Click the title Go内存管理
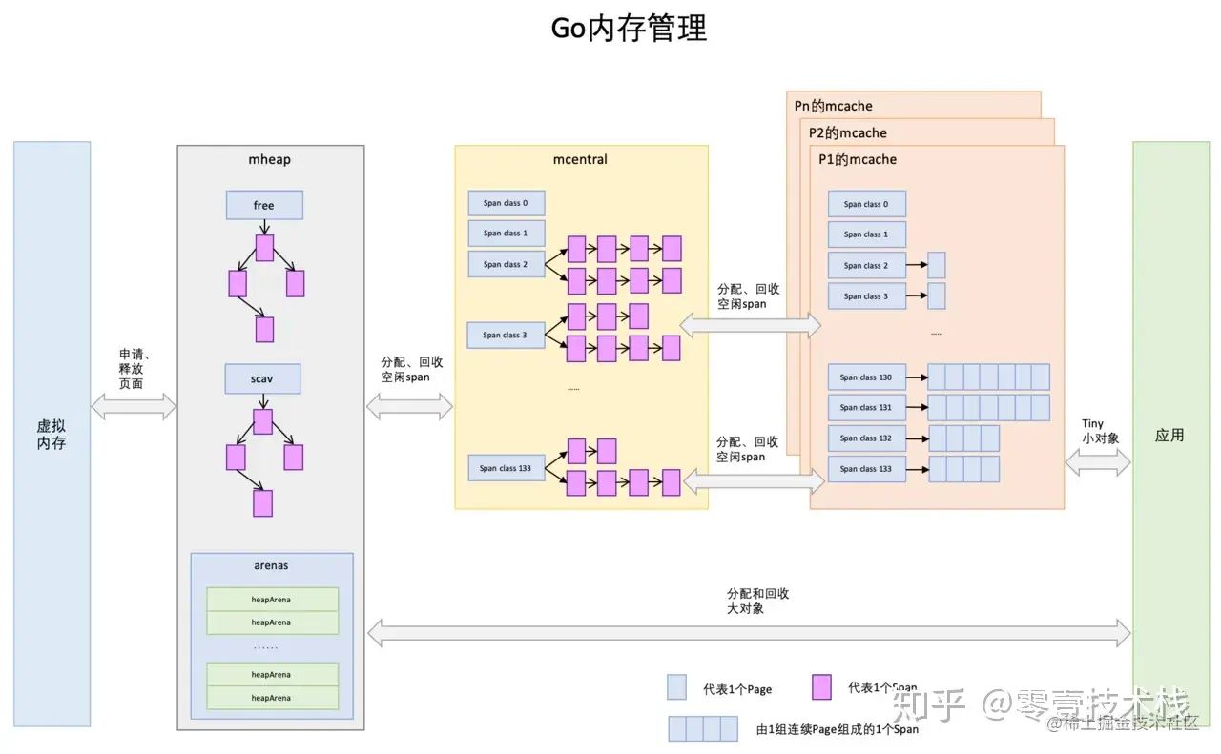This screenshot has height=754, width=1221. pos(630,29)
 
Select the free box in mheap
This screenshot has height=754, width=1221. pos(264,205)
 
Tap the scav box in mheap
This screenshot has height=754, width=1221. pos(262,378)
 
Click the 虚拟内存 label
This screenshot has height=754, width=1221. pos(52,436)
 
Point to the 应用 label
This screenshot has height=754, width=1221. pos(1169,436)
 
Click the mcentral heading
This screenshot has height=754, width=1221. pos(580,159)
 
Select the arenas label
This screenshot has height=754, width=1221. pos(271,565)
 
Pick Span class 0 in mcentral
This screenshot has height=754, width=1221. pos(506,203)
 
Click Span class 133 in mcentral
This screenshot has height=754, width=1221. pos(506,468)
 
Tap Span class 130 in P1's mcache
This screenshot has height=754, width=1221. pos(866,377)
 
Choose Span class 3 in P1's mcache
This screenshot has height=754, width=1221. pos(866,296)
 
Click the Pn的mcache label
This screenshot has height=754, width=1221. pos(833,106)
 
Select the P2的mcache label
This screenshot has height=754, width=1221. pos(848,132)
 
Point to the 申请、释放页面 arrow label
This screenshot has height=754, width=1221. pos(132,368)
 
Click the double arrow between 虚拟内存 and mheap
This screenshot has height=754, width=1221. pos(134,406)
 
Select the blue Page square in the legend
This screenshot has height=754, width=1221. pos(676,687)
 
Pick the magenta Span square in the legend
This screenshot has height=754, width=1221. pos(821,686)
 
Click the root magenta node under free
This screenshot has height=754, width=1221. pos(264,248)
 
